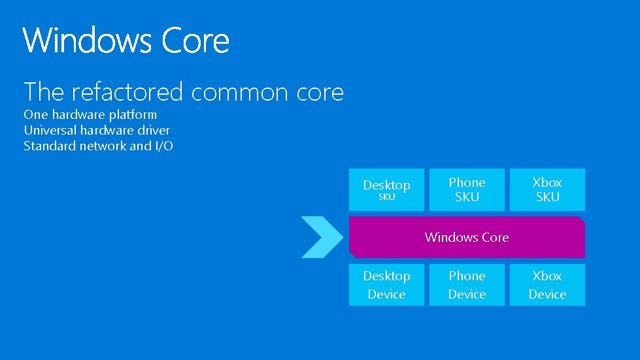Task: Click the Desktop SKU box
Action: point(386,189)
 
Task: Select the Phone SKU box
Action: point(467,189)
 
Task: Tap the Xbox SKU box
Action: point(547,189)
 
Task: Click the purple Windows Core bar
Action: point(467,237)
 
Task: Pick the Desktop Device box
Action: point(386,285)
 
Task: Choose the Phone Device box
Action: point(467,285)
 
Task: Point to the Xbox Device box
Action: point(547,285)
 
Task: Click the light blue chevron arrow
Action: point(322,237)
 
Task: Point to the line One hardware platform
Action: point(90,115)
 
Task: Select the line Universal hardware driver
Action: point(97,130)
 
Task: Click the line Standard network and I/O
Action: point(98,146)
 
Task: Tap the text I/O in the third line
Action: point(163,146)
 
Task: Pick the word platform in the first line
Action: point(133,115)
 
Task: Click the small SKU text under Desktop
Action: point(387,197)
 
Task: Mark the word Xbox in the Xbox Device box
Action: point(547,276)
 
